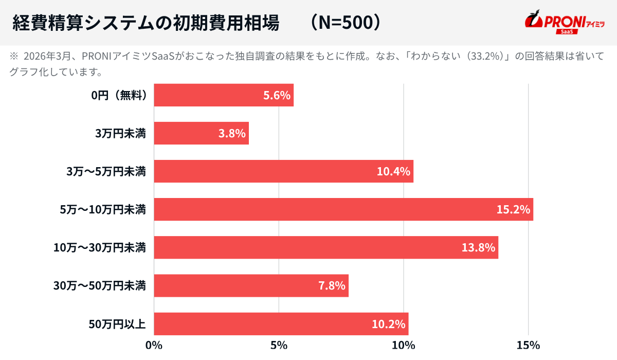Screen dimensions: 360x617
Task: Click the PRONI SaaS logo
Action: click(564, 23)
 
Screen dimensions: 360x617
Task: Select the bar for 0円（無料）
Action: click(224, 95)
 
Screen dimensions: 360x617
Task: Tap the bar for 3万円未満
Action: click(201, 133)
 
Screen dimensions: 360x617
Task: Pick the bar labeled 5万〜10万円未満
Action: click(343, 209)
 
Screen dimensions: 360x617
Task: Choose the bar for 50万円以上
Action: click(281, 324)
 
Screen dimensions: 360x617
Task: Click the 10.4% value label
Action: click(393, 172)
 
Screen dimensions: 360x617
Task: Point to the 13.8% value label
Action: click(478, 248)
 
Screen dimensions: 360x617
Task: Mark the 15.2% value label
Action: click(513, 210)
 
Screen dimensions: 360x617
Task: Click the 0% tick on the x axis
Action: click(154, 346)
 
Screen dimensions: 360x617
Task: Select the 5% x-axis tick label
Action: click(279, 346)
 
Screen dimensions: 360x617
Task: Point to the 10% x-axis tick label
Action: click(404, 346)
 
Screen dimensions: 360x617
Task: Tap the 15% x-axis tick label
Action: click(529, 346)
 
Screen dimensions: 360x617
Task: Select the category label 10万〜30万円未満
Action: click(100, 248)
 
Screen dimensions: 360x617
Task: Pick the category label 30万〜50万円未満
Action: click(100, 286)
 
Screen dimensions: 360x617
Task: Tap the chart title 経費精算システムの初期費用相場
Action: click(146, 23)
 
